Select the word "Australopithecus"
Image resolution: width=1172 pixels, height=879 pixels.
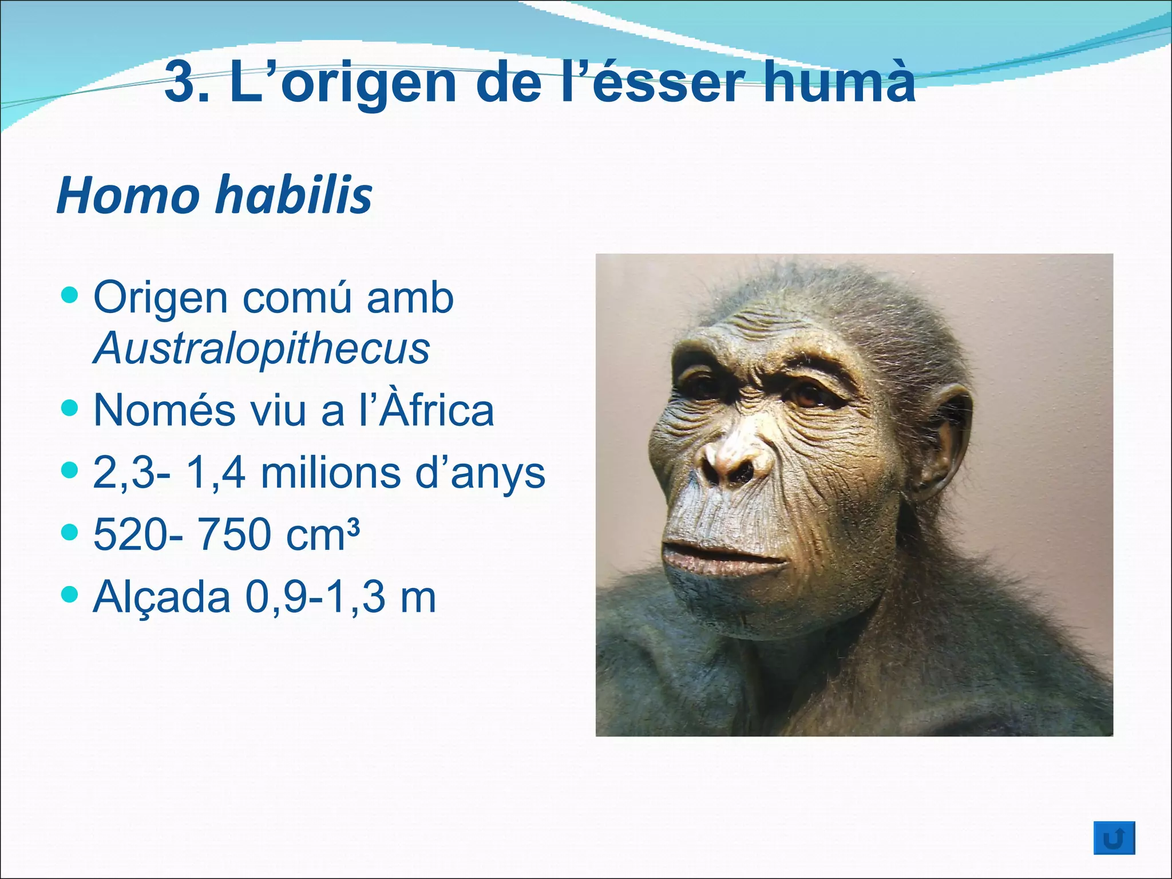point(262,348)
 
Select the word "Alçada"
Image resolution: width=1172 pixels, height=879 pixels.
point(162,597)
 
